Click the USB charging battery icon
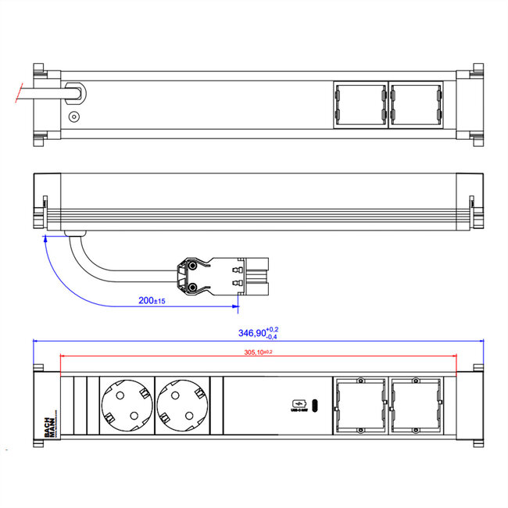[298, 403]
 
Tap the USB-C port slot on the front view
[315, 405]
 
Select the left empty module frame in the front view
[359, 406]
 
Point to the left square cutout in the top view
[359, 105]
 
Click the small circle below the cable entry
[74, 117]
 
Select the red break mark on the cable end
[17, 92]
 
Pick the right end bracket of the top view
[470, 105]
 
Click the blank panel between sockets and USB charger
[250, 406]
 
